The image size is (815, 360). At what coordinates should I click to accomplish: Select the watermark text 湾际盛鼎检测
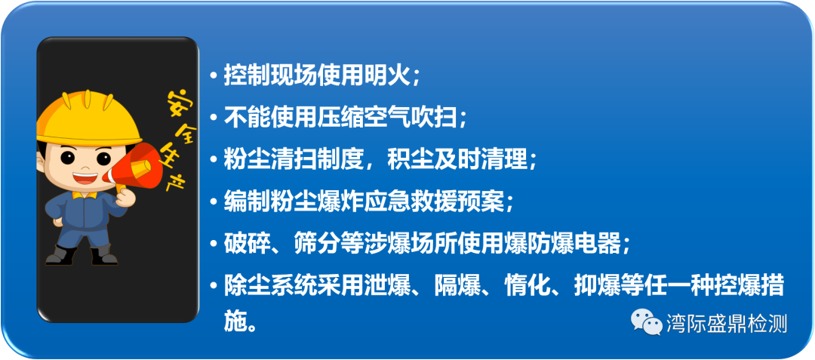(x=727, y=323)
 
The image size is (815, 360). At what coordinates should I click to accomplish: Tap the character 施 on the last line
(x=235, y=322)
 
